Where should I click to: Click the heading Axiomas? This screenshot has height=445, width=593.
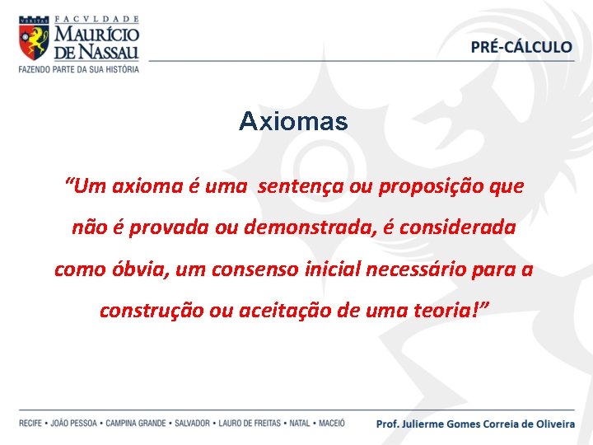[293, 122]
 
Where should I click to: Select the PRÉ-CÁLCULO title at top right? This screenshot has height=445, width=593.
[521, 47]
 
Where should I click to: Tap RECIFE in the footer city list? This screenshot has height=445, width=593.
[30, 424]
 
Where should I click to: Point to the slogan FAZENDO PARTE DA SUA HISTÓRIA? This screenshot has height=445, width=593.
[79, 68]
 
